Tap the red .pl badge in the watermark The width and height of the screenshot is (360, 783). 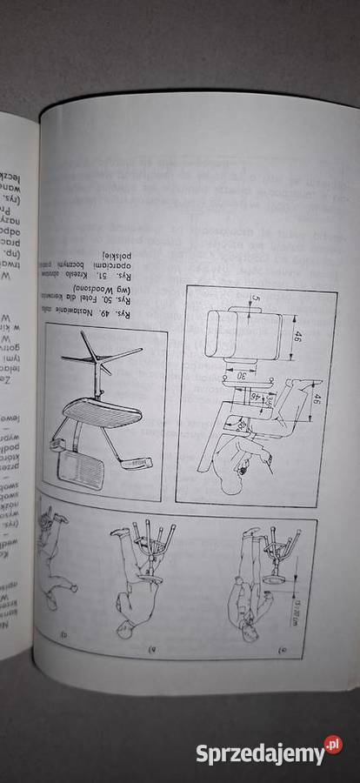point(333,745)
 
